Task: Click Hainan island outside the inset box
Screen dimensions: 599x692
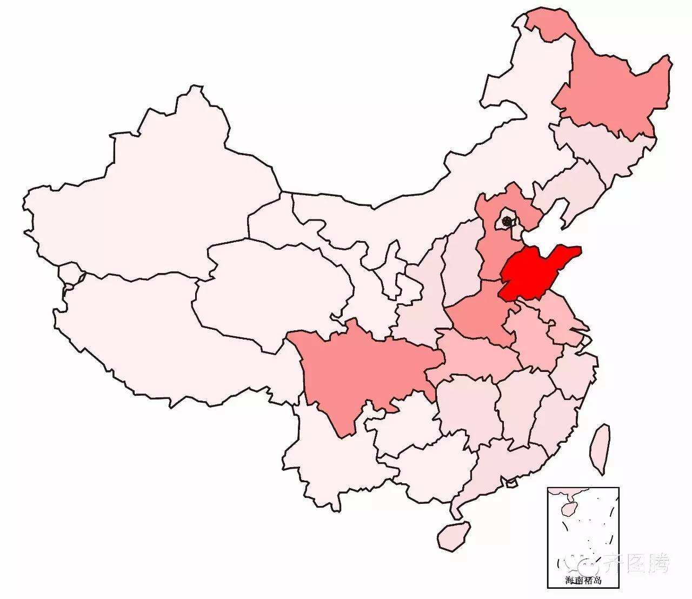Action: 453,535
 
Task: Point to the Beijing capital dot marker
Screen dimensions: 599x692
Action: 507,221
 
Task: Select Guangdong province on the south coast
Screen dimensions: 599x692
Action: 503,465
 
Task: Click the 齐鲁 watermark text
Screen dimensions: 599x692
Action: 643,563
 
